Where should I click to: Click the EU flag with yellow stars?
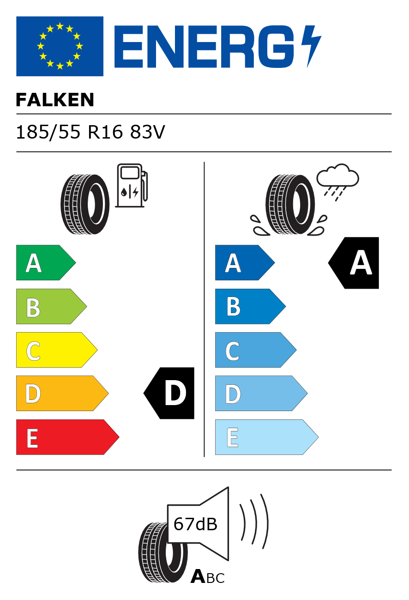point(60,46)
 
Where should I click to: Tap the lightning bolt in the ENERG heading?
point(312,46)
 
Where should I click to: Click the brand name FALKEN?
point(55,100)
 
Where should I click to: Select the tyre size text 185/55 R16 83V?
point(90,132)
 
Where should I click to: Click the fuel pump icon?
point(132,185)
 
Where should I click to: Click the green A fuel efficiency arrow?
point(46,262)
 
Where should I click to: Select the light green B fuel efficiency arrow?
point(51,306)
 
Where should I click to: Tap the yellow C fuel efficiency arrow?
point(57,350)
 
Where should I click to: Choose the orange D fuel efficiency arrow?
point(62,393)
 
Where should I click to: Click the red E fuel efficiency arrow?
point(68,437)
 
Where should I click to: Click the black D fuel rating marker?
point(169,393)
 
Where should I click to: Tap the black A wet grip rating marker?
point(354,263)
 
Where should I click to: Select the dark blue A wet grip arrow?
point(245,262)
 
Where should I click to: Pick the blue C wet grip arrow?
point(256,350)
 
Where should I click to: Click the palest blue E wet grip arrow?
point(267,437)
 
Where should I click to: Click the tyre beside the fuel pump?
point(85,204)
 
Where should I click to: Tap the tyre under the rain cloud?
point(290,204)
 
